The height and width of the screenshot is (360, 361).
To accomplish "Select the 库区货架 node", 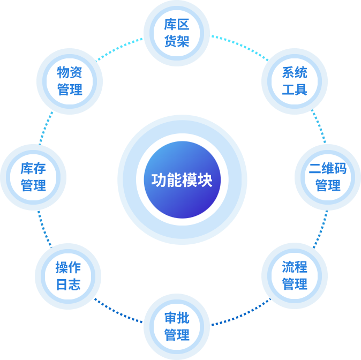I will point(177,33).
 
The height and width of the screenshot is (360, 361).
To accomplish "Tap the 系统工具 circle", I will point(294,81).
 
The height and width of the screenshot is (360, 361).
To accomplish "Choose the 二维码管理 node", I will point(328,177).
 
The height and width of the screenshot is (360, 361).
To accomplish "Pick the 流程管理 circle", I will point(294,275).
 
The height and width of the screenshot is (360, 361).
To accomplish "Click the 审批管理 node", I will point(177,327).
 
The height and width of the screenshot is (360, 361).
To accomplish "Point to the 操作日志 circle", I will point(68,276).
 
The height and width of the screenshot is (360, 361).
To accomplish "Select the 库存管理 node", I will point(33,177).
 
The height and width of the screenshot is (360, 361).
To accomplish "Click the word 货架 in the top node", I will point(177,41).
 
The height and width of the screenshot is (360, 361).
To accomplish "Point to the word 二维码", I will point(328,169).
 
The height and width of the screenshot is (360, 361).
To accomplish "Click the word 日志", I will point(68,284).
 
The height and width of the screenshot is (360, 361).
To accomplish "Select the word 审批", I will point(177,319).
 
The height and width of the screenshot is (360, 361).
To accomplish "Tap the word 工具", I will point(294,89).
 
